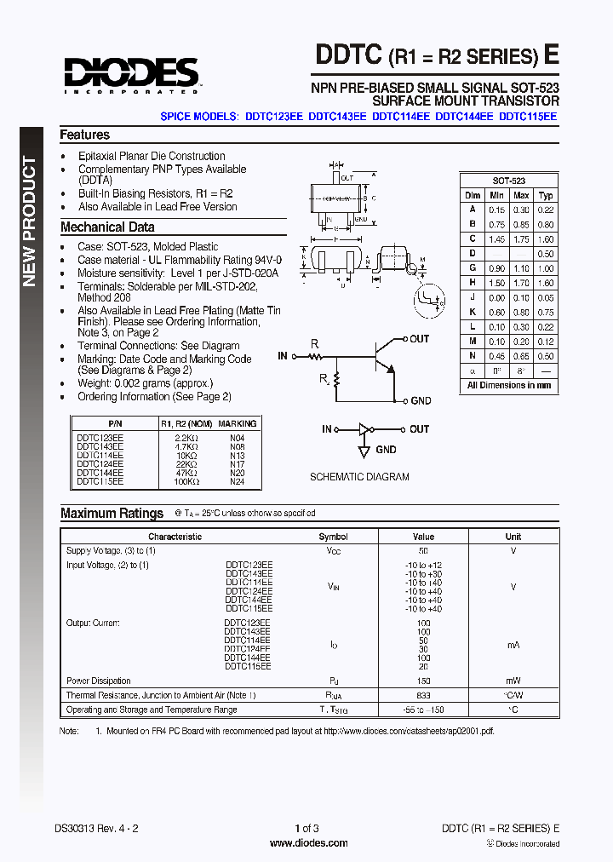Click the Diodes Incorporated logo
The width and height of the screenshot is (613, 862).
point(129,74)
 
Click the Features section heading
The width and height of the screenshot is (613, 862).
point(84,135)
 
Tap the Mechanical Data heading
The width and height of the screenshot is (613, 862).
point(107,227)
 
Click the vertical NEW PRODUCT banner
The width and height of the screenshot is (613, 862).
point(30,221)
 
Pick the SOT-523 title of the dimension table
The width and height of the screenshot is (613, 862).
point(508,181)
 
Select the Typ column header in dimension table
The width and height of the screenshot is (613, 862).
point(546,195)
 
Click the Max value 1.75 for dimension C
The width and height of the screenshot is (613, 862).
point(521,240)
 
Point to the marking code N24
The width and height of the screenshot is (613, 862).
point(237,481)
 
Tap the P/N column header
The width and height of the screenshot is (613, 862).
point(115,423)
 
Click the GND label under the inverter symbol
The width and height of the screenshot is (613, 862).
point(386,450)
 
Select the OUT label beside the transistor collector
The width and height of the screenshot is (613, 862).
point(419,339)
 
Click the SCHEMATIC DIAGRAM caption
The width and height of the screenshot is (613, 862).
point(359,477)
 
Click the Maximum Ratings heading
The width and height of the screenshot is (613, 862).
point(112,514)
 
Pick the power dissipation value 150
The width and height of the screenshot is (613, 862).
point(423,681)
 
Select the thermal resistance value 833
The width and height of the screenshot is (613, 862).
point(423,695)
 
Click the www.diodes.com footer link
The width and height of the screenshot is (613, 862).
point(308,843)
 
